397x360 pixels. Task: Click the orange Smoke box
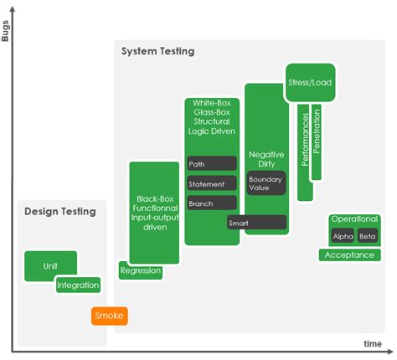(x=110, y=316)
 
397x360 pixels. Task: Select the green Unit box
(x=50, y=265)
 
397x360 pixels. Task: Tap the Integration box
(x=78, y=285)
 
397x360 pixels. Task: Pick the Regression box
(x=140, y=270)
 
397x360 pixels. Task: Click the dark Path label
(x=212, y=164)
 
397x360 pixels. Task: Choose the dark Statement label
(x=212, y=184)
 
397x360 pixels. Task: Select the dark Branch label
(x=212, y=203)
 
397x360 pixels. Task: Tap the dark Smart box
(x=256, y=223)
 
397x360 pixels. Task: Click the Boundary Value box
(x=266, y=183)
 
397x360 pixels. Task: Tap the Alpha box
(x=343, y=236)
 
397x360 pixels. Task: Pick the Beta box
(x=367, y=236)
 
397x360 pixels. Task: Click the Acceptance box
(x=349, y=255)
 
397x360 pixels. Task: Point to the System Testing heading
(x=157, y=52)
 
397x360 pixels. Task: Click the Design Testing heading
(x=58, y=213)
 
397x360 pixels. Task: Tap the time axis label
(x=373, y=344)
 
